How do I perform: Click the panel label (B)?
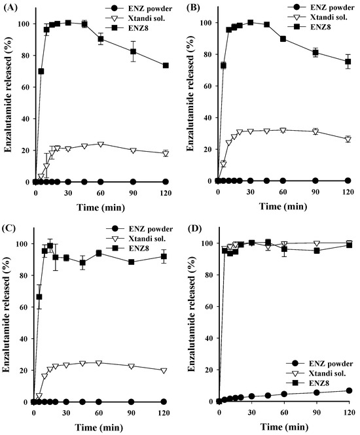point(190,9)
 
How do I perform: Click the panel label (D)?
point(190,229)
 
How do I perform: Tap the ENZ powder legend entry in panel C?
point(148,229)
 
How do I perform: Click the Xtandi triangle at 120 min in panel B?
point(348,139)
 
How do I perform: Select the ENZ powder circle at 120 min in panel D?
point(348,391)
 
